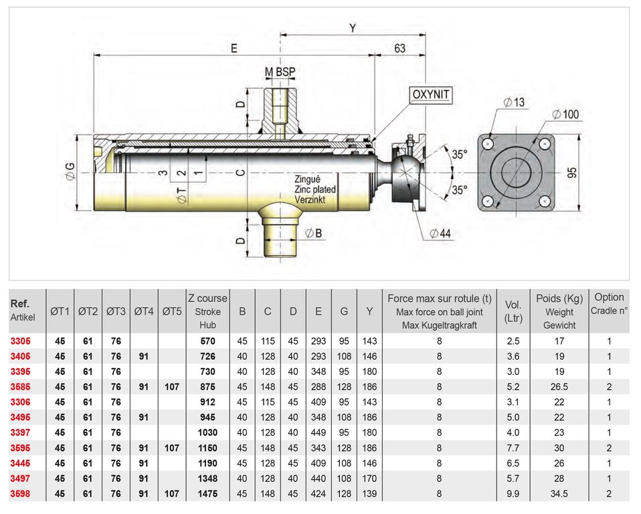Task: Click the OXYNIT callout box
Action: coord(431,95)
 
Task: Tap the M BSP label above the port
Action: coord(280,72)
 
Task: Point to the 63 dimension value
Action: coord(399,48)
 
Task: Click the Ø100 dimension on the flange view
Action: coord(566,114)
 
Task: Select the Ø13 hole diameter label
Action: coord(515,102)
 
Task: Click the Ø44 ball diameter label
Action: coord(440,234)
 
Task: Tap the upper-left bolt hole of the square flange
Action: coord(488,145)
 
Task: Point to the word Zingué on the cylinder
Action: coord(307,179)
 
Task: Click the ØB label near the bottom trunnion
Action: coord(314,233)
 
